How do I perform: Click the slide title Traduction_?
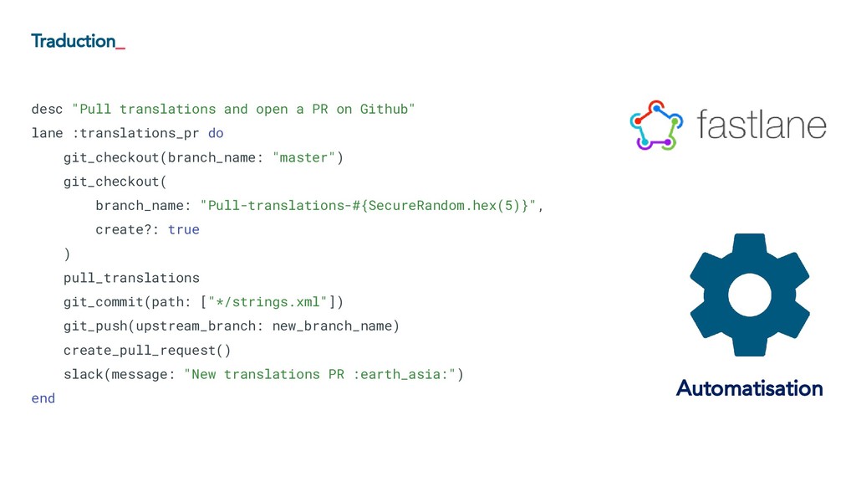78,41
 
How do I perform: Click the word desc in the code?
47,109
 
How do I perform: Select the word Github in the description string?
387,109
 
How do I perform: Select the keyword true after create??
184,229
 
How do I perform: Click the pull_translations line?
131,278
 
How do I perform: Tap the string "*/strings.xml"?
273,301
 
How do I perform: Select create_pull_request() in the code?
147,350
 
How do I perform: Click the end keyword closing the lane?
43,398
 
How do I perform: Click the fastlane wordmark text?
761,126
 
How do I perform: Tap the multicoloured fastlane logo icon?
655,126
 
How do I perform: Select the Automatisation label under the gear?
749,388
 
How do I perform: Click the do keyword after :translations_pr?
216,133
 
